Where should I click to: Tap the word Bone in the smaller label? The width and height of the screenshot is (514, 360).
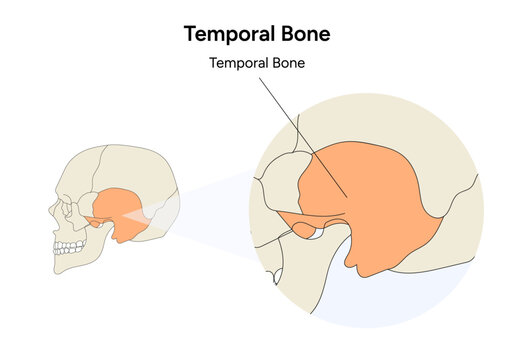286,63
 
